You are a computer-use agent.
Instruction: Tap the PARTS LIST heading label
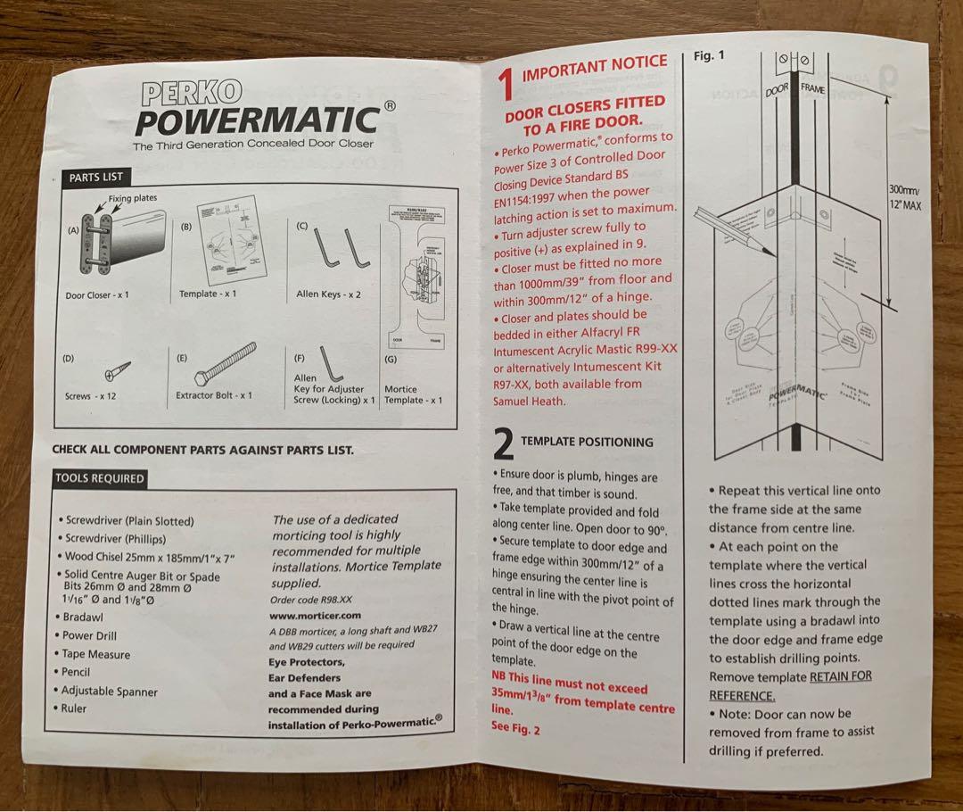tap(95, 177)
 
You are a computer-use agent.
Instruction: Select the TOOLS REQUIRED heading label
tap(99, 478)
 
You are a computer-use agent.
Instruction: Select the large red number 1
tap(506, 84)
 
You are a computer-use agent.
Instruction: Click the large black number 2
tap(504, 443)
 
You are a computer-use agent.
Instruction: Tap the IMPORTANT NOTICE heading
tap(594, 67)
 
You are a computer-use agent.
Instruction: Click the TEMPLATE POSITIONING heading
tap(587, 442)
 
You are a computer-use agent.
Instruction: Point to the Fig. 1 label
tap(709, 55)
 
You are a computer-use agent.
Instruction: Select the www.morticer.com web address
tap(314, 616)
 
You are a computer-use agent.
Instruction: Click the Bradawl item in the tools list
tap(85, 616)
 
